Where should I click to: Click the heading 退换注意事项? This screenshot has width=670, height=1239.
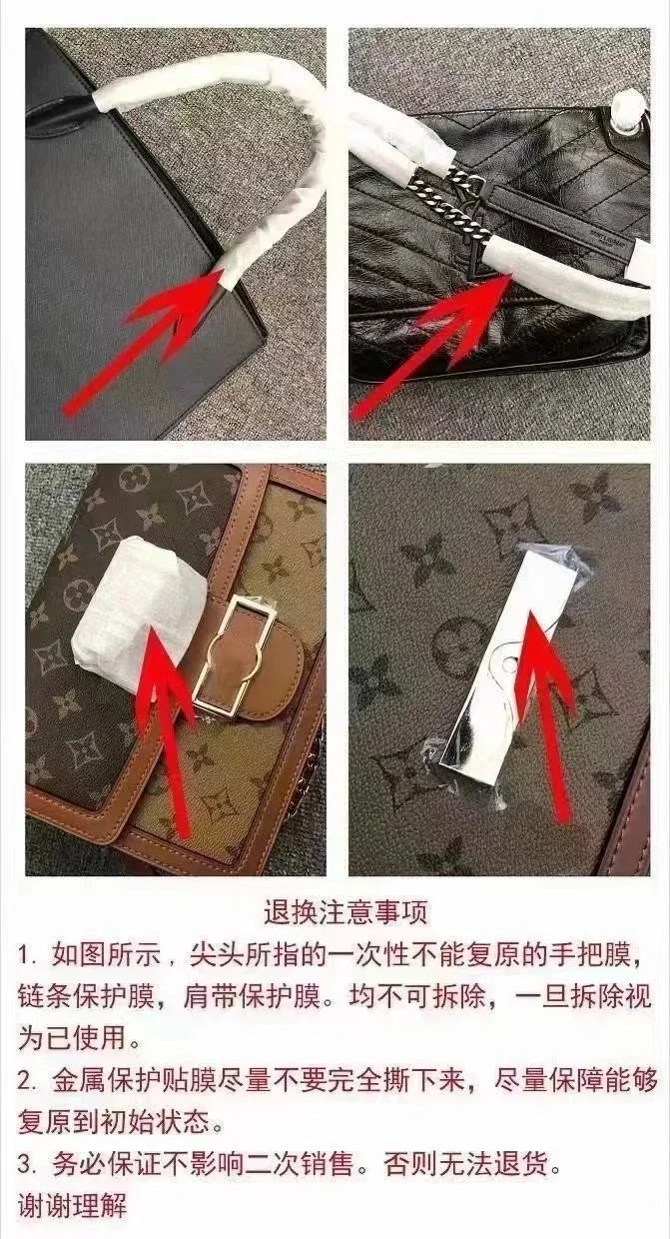coord(345,912)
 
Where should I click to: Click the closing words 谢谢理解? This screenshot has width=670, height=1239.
coord(73,1204)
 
